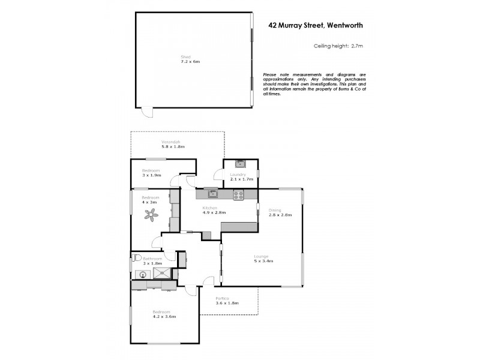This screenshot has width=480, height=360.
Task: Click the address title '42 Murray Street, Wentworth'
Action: tap(315, 25)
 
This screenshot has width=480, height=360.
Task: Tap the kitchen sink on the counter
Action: tap(212, 193)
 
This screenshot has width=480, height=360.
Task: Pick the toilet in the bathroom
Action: tap(137, 259)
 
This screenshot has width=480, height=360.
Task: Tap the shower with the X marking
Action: tap(162, 274)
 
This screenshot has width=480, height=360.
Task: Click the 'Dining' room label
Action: tap(275, 209)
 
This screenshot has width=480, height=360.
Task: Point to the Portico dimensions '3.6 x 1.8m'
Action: tap(227, 303)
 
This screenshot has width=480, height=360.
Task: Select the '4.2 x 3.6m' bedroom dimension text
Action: tap(164, 316)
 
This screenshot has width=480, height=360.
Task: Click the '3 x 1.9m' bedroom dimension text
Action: tap(152, 175)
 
